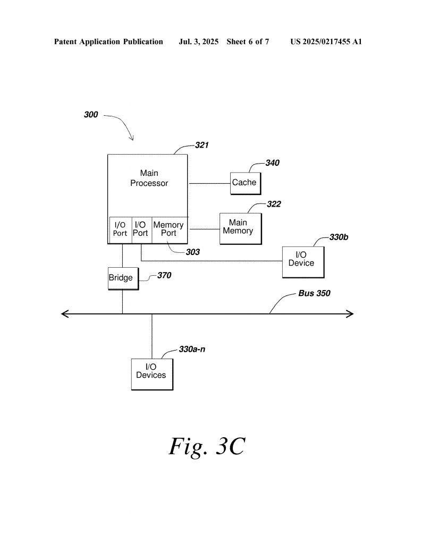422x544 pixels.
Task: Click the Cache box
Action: tap(244, 183)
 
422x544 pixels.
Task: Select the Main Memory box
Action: tap(240, 228)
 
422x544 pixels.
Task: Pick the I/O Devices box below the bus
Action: tap(151, 374)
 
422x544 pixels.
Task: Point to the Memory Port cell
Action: tap(168, 229)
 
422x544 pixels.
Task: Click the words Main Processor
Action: tap(149, 178)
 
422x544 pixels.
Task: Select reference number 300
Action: tap(91, 114)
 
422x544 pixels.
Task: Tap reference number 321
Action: tap(201, 145)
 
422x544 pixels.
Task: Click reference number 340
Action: tap(273, 163)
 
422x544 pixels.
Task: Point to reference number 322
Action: tap(274, 204)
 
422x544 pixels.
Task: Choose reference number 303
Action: tap(192, 252)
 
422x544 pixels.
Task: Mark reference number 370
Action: tap(164, 276)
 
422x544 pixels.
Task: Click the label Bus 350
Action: tap(314, 293)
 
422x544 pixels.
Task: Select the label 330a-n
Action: tap(192, 350)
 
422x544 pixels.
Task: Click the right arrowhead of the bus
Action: tap(351, 314)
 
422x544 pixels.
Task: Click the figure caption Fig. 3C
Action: tap(207, 447)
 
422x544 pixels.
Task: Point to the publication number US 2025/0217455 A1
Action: tap(326, 41)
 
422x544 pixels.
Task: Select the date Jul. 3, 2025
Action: tap(199, 41)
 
